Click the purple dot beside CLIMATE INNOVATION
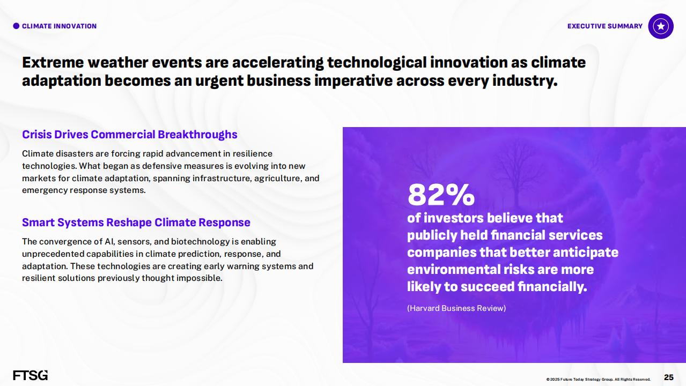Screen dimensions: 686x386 [x=16, y=26]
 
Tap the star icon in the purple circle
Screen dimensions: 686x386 [x=661, y=26]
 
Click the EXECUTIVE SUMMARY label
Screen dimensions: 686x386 [x=605, y=26]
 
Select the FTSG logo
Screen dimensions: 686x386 [x=31, y=375]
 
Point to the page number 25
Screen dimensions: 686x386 [x=668, y=377]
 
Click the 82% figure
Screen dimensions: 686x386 [x=441, y=195]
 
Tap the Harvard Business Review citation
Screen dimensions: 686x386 [x=456, y=308]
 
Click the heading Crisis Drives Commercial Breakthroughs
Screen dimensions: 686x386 [x=130, y=135]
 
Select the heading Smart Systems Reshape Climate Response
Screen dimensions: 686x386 [x=136, y=222]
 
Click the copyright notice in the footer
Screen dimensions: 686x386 [x=599, y=379]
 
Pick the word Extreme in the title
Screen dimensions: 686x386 [x=53, y=62]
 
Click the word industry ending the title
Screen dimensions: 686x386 [x=525, y=81]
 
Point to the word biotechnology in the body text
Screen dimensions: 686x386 [x=200, y=241]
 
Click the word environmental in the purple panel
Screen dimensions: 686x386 [x=454, y=270]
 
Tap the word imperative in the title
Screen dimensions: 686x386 [x=353, y=81]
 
